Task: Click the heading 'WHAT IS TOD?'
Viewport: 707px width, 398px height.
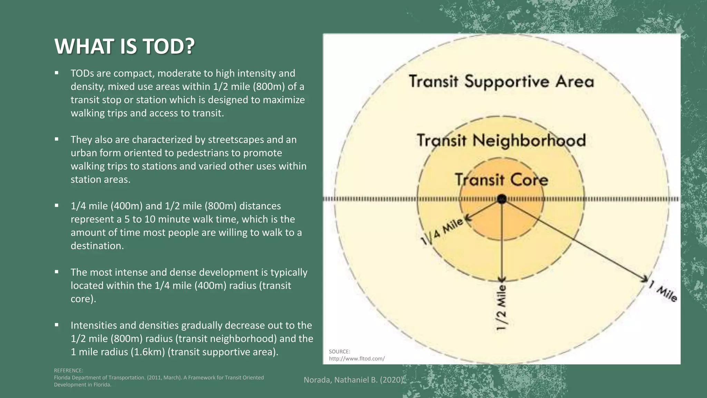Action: click(125, 46)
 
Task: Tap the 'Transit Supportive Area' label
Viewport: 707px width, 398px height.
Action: click(501, 82)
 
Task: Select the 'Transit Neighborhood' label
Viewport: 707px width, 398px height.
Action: click(501, 141)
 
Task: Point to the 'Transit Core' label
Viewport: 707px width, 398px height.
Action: click(501, 180)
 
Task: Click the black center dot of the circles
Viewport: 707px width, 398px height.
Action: click(502, 199)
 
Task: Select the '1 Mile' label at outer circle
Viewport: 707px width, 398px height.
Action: click(663, 291)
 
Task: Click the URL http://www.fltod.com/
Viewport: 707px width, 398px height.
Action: click(357, 359)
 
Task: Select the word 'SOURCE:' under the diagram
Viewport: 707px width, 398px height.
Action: click(339, 352)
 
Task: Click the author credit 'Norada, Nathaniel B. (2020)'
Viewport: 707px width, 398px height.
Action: click(353, 380)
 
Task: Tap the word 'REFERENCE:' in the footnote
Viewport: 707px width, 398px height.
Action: click(68, 370)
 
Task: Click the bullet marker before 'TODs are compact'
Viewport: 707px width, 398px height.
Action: click(57, 73)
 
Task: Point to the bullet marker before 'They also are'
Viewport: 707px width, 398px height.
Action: click(57, 139)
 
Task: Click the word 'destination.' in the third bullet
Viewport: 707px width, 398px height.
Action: click(97, 246)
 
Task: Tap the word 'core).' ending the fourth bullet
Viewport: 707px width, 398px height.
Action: click(83, 299)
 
